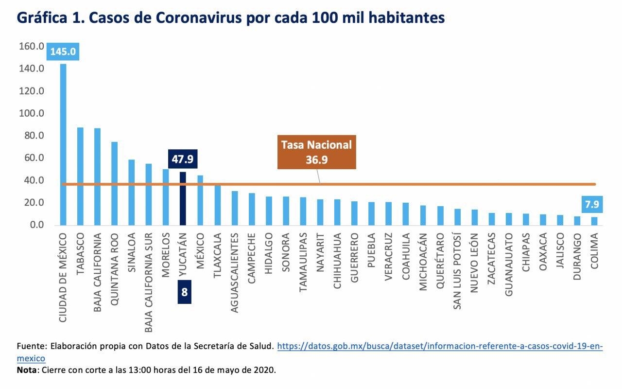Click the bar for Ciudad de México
tap(63, 146)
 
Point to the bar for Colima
tap(594, 221)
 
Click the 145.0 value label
tap(63, 52)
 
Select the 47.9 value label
tap(183, 159)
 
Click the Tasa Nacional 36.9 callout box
tap(316, 152)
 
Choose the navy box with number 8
tap(184, 292)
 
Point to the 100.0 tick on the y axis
tap(32, 113)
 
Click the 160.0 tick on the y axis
tap(32, 47)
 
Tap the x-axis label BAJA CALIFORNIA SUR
tap(149, 283)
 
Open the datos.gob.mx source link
tap(439, 346)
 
